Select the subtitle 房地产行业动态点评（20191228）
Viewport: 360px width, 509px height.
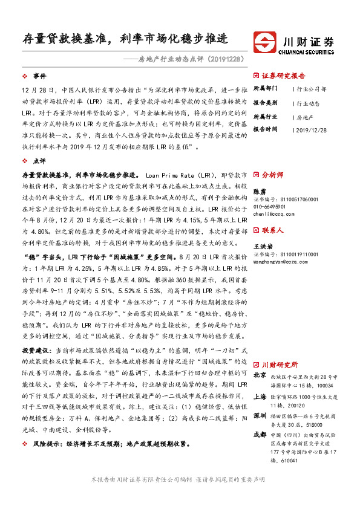coord(191,59)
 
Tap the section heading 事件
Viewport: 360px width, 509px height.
coord(39,76)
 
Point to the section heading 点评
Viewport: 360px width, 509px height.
coord(39,161)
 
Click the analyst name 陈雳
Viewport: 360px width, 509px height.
coord(259,190)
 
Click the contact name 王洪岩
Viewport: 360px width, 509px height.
coord(263,247)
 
